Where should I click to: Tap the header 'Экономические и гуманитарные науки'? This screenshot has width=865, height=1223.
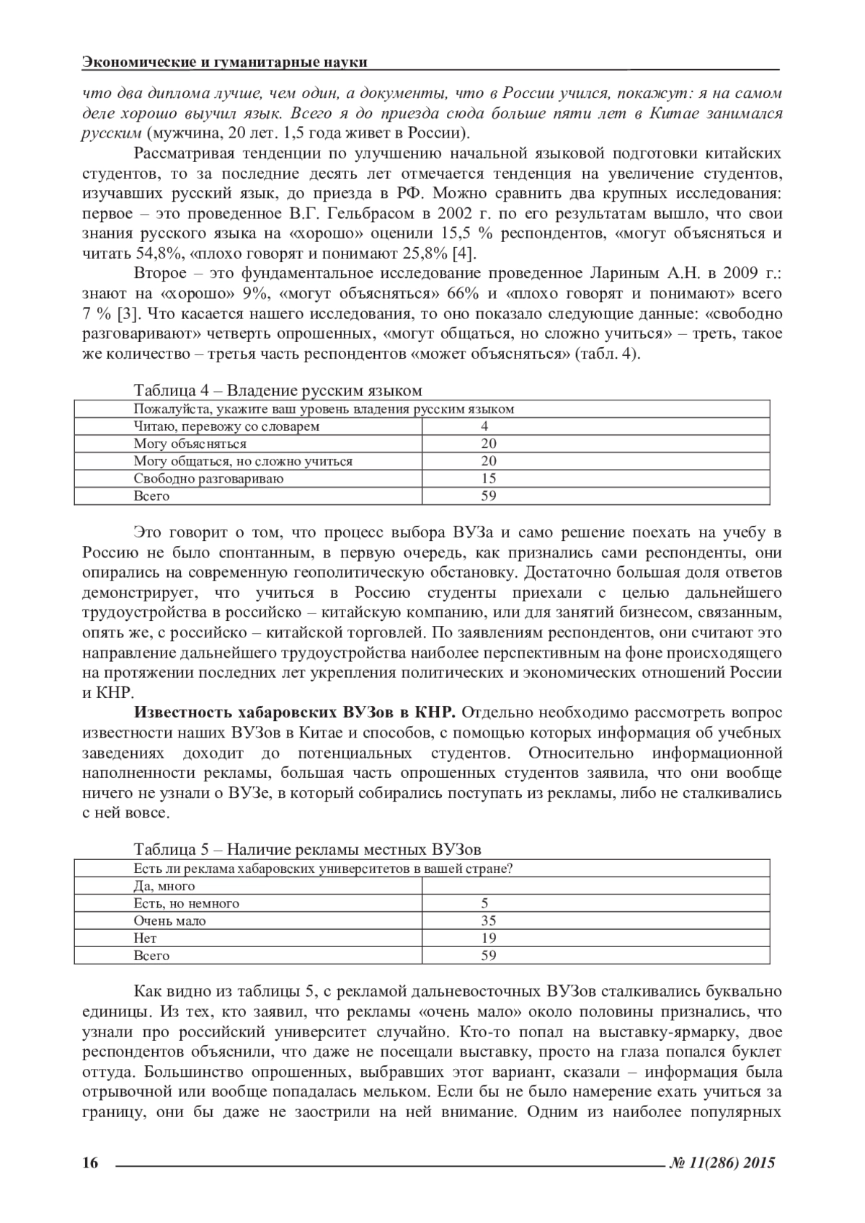(225, 62)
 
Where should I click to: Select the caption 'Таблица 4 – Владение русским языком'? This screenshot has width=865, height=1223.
(278, 390)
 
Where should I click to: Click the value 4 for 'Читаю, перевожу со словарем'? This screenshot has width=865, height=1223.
(484, 426)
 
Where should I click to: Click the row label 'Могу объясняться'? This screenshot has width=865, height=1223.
(190, 444)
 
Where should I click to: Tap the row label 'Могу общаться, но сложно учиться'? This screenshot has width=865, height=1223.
(243, 461)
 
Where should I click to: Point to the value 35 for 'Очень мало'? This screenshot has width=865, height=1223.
(489, 920)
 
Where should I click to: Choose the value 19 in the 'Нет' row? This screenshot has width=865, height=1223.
(489, 938)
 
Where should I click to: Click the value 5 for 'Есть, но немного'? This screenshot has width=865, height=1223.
(484, 903)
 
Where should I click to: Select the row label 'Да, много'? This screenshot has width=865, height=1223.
(164, 886)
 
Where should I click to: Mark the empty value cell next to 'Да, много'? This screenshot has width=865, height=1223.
(595, 886)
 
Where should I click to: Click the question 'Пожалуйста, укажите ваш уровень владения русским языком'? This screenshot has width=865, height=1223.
(324, 409)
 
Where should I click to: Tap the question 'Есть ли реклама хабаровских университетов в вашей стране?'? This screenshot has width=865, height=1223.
(323, 869)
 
